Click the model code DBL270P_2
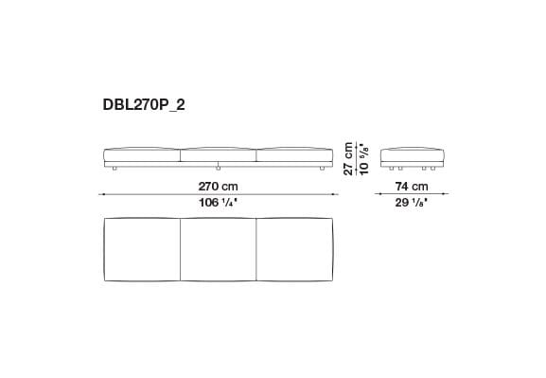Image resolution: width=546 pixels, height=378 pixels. click(x=145, y=106)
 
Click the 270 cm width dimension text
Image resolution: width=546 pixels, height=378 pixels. click(x=218, y=187)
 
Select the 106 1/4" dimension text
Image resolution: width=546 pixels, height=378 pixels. click(x=218, y=203)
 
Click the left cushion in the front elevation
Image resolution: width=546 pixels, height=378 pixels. click(x=140, y=153)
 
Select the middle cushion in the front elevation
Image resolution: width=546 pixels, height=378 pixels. click(x=218, y=153)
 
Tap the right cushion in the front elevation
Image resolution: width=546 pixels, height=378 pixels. click(x=294, y=153)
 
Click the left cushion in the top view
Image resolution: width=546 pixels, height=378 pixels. click(x=140, y=249)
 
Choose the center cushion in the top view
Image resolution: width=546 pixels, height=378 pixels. click(x=218, y=249)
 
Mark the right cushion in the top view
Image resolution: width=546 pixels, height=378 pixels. click(x=294, y=249)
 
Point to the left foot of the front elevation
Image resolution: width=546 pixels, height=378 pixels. click(x=114, y=169)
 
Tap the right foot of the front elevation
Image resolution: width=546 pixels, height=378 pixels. click(x=322, y=169)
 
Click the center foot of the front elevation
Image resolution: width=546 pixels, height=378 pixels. click(x=218, y=169)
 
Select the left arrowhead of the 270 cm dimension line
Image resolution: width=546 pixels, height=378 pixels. click(x=102, y=195)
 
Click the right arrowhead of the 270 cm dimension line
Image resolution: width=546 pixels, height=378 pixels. click(x=333, y=195)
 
